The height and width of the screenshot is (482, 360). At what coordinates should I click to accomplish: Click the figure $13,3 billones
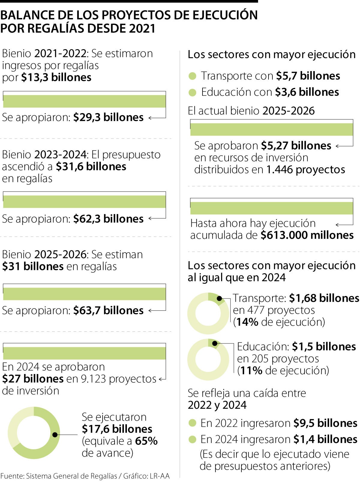coord(56,77)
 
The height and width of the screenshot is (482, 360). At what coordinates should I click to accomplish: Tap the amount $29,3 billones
coord(108,117)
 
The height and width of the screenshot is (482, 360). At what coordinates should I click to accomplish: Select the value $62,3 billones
coord(108,219)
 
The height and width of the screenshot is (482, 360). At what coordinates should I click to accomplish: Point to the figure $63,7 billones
coord(108,310)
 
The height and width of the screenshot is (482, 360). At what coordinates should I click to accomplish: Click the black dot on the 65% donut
coord(55,435)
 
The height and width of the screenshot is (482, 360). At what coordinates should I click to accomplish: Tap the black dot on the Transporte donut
coord(220,299)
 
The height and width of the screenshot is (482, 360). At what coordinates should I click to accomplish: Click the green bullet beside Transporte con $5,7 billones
coord(192,76)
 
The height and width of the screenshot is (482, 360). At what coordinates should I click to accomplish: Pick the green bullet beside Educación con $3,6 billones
coord(192,92)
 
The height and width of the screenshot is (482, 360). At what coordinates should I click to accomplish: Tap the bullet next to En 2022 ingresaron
coord(192,424)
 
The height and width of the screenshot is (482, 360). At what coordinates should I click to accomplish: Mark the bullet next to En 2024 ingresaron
coord(192,440)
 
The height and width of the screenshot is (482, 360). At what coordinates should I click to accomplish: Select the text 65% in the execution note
coord(146,441)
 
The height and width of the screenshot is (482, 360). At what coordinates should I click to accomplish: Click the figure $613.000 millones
coord(307,235)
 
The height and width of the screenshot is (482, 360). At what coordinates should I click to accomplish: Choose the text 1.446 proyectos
coord(306,170)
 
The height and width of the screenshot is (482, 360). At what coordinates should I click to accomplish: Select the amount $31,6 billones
coord(91,166)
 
